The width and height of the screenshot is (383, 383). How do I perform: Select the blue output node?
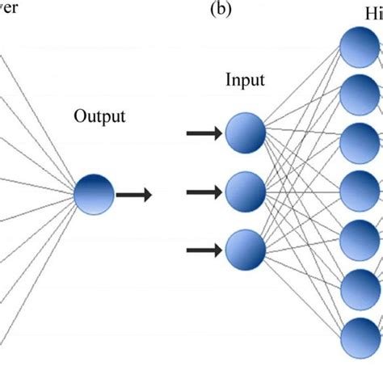[93, 194]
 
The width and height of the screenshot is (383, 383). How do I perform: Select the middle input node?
[245, 191]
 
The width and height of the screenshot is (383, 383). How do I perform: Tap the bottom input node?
[245, 250]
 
